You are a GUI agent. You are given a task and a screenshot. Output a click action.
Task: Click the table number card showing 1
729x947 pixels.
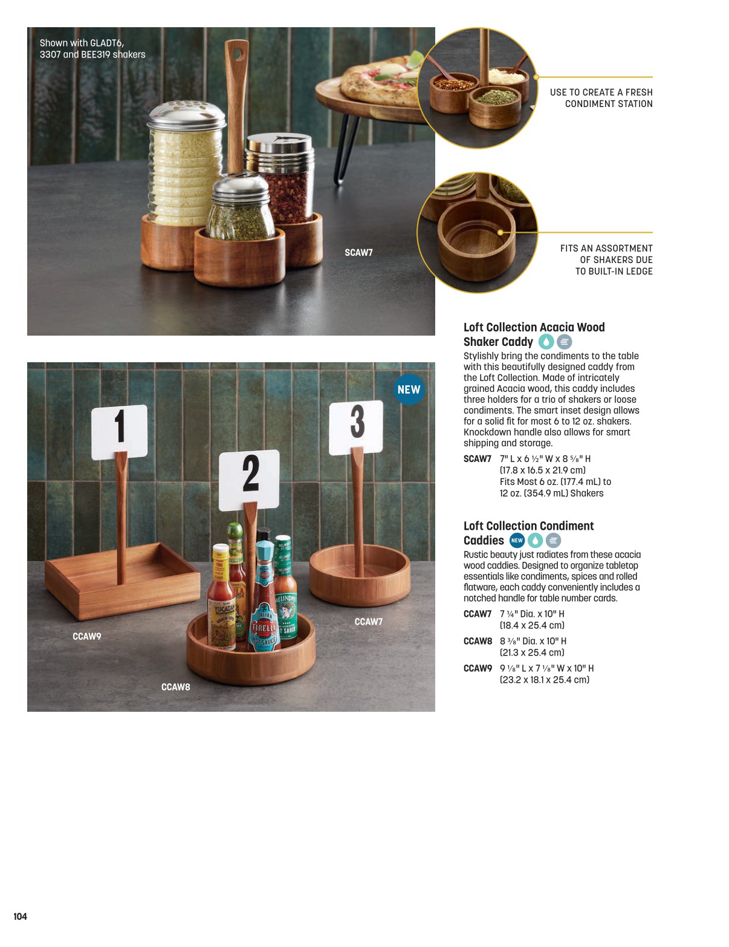pyautogui.click(x=119, y=431)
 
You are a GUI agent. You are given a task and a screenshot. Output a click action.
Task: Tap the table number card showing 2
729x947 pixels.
pyautogui.click(x=249, y=480)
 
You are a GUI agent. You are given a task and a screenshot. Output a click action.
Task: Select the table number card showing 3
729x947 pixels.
pyautogui.click(x=356, y=428)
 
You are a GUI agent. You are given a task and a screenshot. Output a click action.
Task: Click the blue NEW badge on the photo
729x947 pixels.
pyautogui.click(x=409, y=389)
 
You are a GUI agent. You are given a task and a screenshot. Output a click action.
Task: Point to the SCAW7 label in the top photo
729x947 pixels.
pyautogui.click(x=358, y=252)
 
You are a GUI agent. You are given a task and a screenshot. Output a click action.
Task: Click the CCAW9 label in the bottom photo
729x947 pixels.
pyautogui.click(x=86, y=636)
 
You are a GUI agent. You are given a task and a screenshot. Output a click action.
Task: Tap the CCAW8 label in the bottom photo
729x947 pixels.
pyautogui.click(x=175, y=687)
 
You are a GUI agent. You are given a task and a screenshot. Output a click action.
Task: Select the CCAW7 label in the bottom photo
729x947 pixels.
pyautogui.click(x=368, y=622)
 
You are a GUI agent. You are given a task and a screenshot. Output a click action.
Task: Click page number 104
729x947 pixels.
pyautogui.click(x=20, y=916)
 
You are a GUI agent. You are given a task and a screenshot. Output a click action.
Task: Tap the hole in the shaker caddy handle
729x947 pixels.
pyautogui.click(x=236, y=54)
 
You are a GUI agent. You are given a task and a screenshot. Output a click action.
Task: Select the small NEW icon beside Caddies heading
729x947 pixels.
pyautogui.click(x=517, y=541)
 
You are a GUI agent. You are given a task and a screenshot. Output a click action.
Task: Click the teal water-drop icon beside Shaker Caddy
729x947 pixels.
pyautogui.click(x=546, y=342)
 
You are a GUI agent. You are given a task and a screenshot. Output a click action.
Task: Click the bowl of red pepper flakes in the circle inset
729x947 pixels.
pyautogui.click(x=454, y=92)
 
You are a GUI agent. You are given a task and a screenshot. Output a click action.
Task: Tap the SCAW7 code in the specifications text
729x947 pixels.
pyautogui.click(x=478, y=458)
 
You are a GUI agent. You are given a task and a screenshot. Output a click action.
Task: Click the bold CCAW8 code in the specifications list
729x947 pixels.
pyautogui.click(x=478, y=640)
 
